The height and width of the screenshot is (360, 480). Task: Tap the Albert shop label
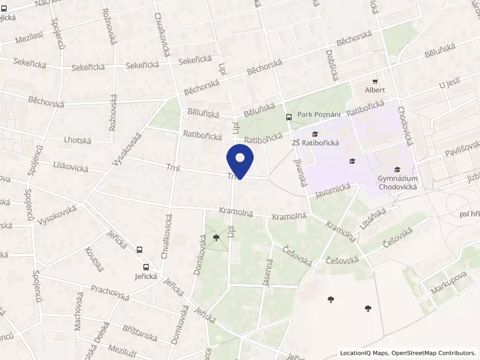(375, 90)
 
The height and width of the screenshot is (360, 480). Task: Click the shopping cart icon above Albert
(376, 80)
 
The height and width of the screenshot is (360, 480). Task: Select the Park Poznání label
(320, 115)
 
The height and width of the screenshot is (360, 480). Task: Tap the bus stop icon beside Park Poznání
(289, 117)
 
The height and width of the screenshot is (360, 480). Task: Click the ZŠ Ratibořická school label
(316, 143)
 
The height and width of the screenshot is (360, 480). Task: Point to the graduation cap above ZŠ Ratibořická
(316, 133)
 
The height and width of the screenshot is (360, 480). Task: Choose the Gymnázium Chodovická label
(397, 182)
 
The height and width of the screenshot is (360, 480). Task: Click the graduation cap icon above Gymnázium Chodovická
(397, 169)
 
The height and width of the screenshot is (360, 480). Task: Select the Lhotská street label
(77, 140)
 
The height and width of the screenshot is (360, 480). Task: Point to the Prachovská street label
(110, 293)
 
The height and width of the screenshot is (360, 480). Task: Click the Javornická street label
(332, 191)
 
